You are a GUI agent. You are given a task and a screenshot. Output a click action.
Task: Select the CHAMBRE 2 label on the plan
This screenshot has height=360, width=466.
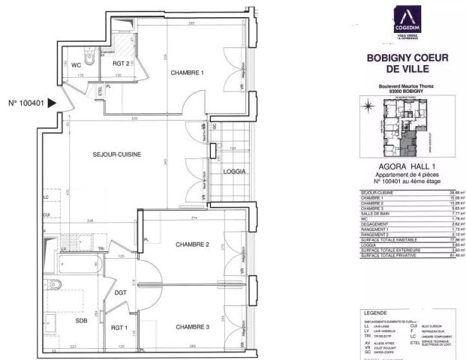(191, 244)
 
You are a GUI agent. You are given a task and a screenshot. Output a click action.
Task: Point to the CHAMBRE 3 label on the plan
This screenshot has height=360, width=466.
(191, 326)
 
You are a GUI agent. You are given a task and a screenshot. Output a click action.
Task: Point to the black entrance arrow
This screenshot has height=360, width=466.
(51, 103)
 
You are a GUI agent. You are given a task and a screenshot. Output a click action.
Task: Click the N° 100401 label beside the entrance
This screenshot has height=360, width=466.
(25, 103)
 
